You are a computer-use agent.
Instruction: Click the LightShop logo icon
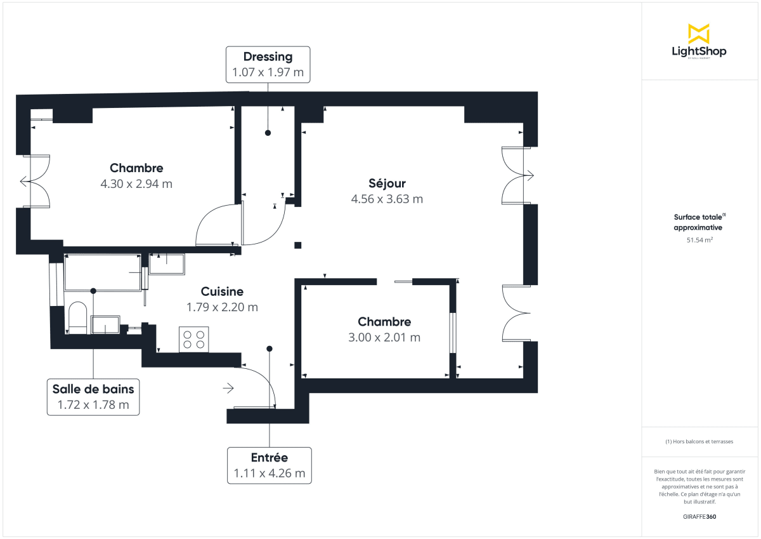point(699,34)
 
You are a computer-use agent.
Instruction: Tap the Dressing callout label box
point(268,64)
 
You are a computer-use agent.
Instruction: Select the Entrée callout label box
point(270,465)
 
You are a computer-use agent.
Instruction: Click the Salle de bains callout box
point(93,397)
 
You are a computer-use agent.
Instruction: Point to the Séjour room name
point(387,183)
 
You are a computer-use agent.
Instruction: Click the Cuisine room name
point(222,291)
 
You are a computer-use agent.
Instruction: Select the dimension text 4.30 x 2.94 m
point(136,184)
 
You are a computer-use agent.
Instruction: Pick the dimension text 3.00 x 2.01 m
point(384,337)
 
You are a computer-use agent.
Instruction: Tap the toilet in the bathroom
point(77,317)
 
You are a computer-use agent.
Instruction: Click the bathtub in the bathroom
point(103,273)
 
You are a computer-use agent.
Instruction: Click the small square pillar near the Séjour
point(297,246)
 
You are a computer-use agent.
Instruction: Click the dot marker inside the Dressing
point(268,133)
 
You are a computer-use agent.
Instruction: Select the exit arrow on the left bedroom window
point(25,182)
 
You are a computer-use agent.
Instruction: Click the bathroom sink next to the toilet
point(105,325)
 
